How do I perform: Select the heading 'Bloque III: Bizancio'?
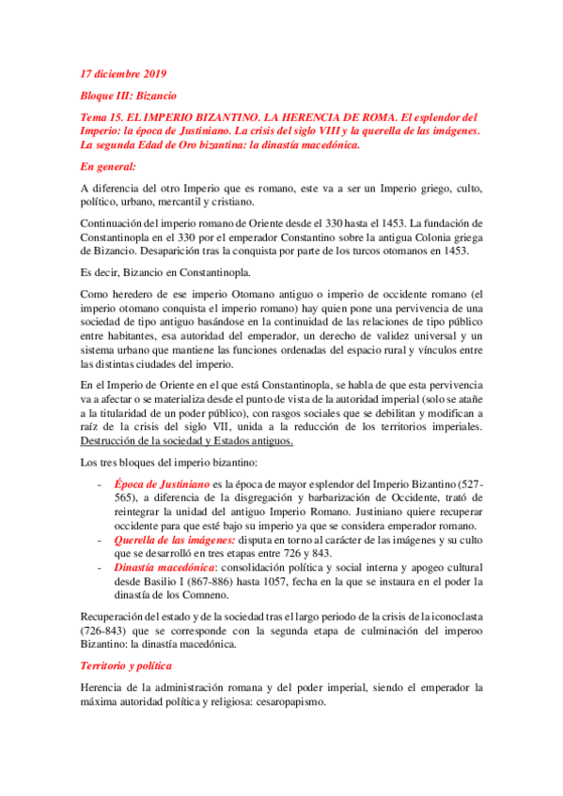128,96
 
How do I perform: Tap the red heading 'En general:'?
108,167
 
